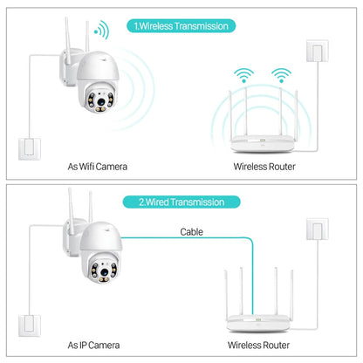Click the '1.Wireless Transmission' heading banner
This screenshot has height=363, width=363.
point(181,25)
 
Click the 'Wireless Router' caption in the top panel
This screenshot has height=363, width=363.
point(263,165)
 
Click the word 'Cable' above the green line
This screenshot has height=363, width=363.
point(193,232)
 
